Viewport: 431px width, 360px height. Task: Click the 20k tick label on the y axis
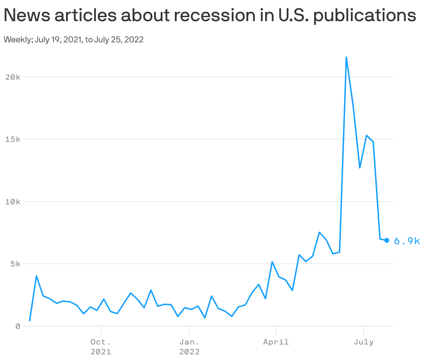point(13,77)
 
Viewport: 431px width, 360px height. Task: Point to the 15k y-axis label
point(13,139)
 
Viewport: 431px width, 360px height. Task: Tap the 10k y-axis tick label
point(13,202)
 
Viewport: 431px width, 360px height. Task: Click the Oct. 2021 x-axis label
point(101,347)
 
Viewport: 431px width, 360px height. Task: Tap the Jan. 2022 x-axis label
point(189,347)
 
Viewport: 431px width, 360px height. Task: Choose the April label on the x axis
point(276,342)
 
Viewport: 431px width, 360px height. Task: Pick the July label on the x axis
point(364,342)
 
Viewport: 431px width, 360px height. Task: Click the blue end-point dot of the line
point(386,240)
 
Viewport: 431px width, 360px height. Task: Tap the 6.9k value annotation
point(407,241)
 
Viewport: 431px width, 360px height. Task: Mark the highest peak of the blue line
point(346,57)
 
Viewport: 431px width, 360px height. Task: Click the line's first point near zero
point(30,321)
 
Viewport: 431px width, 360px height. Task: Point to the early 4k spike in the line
point(36,276)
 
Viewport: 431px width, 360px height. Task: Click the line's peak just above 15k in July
point(367,135)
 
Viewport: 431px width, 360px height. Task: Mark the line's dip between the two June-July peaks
point(360,168)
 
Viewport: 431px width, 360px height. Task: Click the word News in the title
point(26,16)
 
